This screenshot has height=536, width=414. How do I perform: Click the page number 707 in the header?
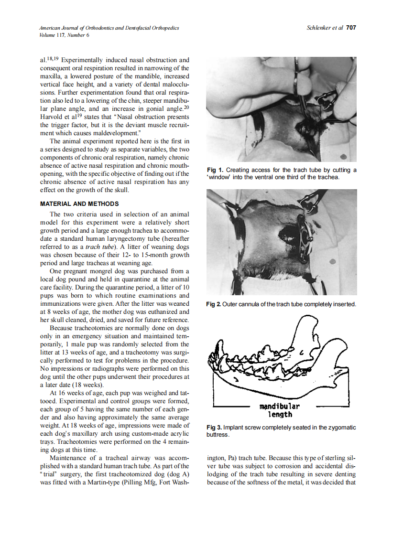pos(351,28)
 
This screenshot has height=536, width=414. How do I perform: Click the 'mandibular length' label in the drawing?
pos(280,410)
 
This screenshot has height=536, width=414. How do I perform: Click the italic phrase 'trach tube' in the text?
pos(99,247)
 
